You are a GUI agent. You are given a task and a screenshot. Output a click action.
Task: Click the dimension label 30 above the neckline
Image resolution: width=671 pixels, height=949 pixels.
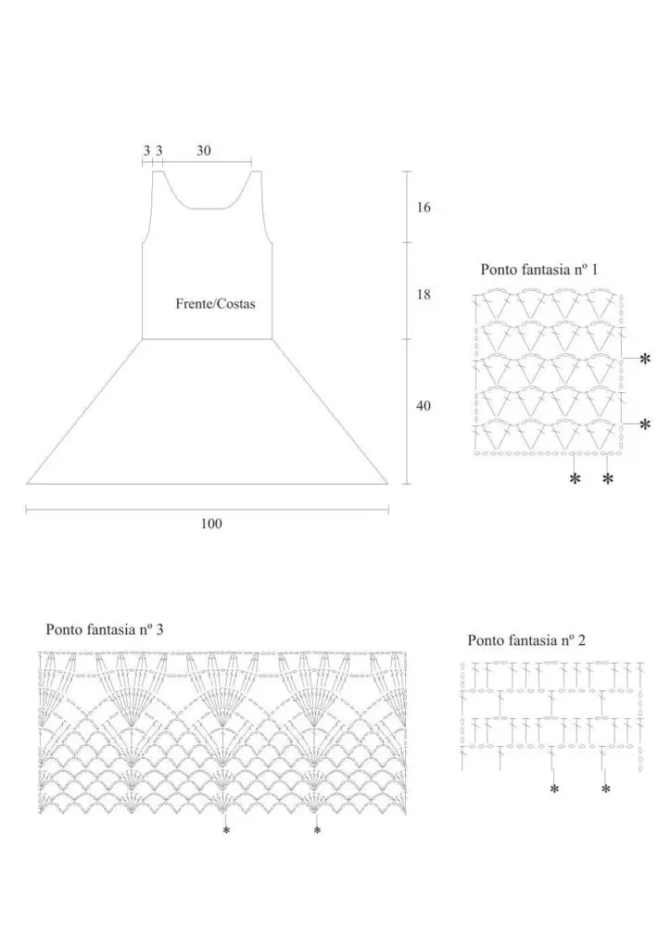(x=204, y=149)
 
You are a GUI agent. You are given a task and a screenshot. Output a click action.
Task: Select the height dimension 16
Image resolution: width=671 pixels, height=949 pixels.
(x=424, y=208)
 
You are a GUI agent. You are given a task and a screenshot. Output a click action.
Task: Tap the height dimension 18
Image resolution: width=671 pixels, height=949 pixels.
(x=424, y=295)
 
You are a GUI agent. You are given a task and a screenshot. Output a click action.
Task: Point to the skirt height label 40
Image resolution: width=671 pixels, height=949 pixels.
(x=424, y=406)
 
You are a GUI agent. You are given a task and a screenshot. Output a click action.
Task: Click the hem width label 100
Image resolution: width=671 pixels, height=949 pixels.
(x=211, y=524)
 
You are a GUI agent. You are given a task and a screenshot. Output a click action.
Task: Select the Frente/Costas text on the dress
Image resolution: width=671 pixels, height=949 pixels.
(x=215, y=303)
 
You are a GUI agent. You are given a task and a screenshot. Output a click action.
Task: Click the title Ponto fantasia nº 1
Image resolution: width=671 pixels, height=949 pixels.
(x=538, y=270)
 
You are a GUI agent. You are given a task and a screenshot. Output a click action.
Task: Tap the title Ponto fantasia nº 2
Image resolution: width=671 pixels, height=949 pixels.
(x=526, y=639)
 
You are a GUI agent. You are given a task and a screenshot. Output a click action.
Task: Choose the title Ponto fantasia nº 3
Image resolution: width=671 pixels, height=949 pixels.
(x=105, y=629)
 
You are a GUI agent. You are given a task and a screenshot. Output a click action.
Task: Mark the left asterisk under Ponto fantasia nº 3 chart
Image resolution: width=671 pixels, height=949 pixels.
(x=226, y=831)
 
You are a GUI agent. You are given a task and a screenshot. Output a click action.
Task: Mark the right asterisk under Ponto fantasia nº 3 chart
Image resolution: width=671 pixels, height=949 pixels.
(x=317, y=831)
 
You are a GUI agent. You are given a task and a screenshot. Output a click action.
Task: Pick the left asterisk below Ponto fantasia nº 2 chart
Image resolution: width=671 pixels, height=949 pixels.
(x=554, y=790)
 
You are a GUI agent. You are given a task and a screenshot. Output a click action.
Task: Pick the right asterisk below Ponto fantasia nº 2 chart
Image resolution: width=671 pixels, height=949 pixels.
(x=606, y=790)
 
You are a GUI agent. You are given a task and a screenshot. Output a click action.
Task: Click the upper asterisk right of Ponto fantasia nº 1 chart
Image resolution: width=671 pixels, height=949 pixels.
(x=645, y=359)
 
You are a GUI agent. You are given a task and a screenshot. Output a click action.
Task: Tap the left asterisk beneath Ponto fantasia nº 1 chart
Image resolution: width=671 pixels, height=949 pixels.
(x=575, y=479)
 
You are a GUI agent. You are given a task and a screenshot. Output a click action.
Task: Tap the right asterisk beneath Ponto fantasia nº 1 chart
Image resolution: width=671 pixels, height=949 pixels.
(x=608, y=479)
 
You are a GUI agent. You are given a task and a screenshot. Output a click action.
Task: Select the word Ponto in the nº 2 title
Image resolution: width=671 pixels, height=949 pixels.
(x=487, y=639)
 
